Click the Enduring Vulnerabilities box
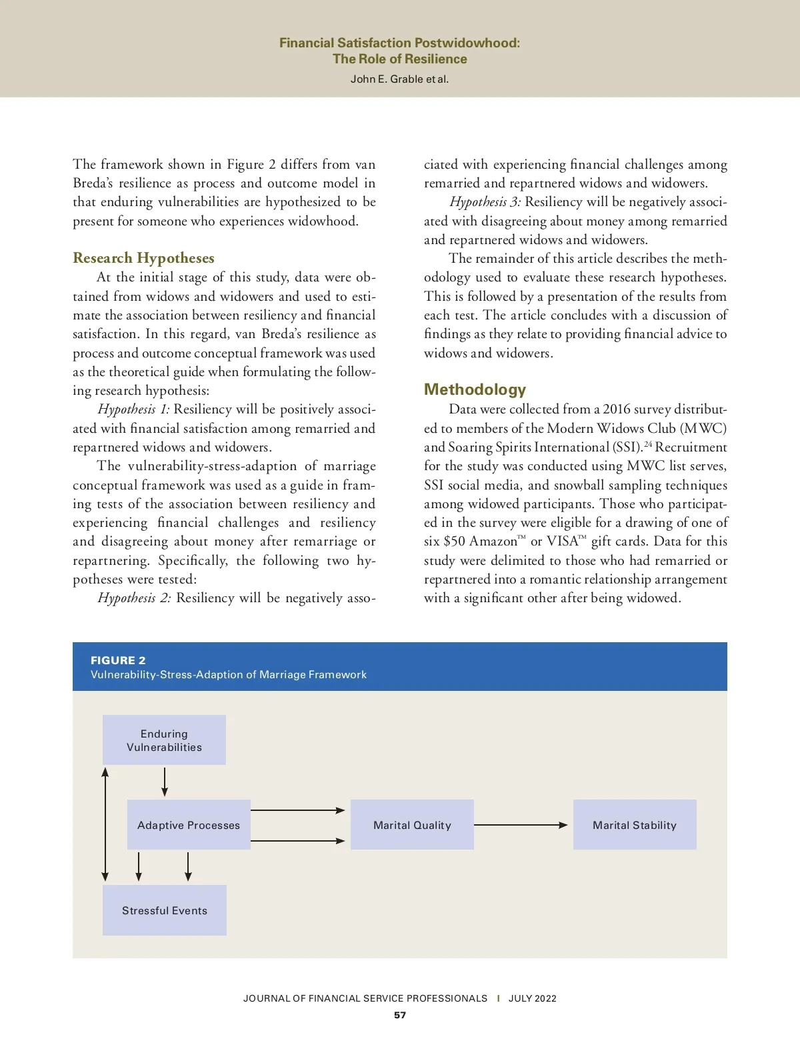(x=164, y=740)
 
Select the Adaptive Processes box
(x=189, y=825)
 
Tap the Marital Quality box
(x=412, y=825)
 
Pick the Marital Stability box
(x=635, y=825)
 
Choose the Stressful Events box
(x=165, y=910)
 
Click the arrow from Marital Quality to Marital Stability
(x=521, y=825)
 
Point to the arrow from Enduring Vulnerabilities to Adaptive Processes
(x=165, y=782)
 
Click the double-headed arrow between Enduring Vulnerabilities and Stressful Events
(x=105, y=824)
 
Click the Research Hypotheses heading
(x=143, y=258)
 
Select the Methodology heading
(x=475, y=389)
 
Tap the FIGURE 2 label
(x=118, y=660)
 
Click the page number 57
(x=400, y=1015)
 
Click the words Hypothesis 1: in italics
(x=133, y=409)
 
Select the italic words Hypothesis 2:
(x=134, y=598)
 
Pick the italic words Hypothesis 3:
(x=485, y=202)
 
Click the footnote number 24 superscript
(x=648, y=443)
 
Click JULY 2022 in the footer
(x=532, y=998)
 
